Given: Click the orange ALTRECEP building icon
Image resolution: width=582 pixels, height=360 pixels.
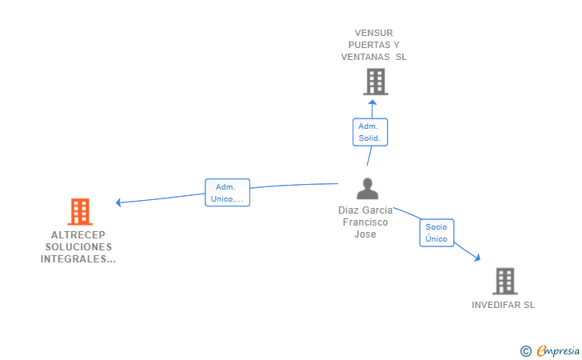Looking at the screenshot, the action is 80,212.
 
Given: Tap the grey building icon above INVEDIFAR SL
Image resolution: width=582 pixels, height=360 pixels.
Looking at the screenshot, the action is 505,282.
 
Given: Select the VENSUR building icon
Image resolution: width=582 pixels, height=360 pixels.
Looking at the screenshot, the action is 376,82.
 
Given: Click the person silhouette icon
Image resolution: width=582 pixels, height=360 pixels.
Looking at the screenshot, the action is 368,189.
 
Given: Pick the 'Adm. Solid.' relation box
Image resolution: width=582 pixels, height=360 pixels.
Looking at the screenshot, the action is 370,132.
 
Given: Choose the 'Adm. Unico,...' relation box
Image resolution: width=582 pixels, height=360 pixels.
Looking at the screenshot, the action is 227,193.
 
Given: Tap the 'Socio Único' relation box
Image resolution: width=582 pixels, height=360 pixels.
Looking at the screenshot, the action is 436,233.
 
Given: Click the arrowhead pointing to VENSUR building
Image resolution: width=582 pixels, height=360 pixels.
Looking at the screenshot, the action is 373,102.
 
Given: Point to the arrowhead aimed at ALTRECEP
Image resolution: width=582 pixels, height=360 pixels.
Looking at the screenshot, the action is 118,202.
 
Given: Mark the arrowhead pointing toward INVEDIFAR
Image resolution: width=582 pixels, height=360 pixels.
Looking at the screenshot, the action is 477,258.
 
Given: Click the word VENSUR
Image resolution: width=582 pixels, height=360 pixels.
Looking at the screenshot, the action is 374,33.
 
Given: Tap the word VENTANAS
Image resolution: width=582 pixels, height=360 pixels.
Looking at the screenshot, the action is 365,57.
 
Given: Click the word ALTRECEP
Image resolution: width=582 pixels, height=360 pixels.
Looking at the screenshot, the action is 78,234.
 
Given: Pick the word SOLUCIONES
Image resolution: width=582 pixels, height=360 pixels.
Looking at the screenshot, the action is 78,247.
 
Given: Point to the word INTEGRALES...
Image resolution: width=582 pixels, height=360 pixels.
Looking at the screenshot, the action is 74,259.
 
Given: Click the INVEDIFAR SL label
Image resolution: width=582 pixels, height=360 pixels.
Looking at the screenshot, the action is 504,305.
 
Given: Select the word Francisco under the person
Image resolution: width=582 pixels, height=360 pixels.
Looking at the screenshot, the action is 365,222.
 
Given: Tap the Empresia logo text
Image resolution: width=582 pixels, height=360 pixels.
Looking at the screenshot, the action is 558,351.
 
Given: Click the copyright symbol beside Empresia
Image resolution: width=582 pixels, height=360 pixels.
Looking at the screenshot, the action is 526,351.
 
